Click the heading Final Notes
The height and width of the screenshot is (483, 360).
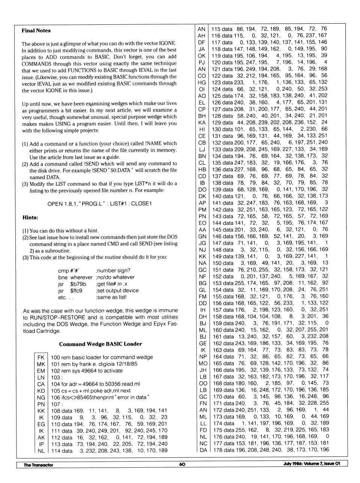pos(36,31)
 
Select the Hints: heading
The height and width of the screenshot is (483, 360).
pos(30,217)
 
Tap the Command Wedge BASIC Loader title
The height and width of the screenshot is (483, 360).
pos(100,344)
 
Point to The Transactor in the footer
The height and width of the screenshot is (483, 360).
pos(38,465)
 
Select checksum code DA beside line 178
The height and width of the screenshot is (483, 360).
pos(203,450)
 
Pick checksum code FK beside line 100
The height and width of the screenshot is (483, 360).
pos(41,357)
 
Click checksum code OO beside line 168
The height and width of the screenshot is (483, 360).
pos(203,383)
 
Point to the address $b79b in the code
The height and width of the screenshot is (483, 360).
pos(78,284)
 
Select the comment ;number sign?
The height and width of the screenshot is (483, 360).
pos(113,271)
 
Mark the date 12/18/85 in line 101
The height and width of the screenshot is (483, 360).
pos(125,364)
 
